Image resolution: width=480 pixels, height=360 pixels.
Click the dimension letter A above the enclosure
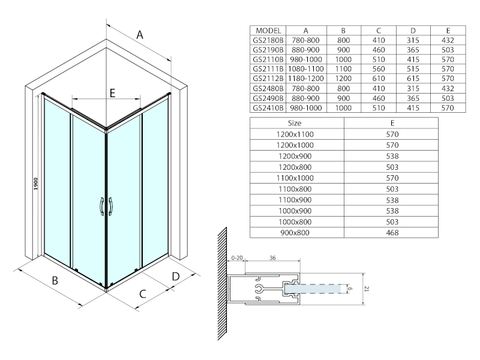[x=140, y=35]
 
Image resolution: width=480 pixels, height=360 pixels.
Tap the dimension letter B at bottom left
[x=55, y=280]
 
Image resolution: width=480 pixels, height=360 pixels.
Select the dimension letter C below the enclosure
[x=143, y=294]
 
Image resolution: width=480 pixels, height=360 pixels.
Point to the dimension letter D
[x=176, y=277]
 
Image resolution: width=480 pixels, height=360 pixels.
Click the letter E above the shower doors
[x=112, y=93]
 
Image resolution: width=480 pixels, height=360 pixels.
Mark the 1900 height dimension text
[x=36, y=184]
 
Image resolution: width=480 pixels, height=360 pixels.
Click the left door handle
[x=101, y=206]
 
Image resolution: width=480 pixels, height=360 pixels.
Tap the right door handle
[x=110, y=206]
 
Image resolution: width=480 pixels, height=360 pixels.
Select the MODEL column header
[x=268, y=31]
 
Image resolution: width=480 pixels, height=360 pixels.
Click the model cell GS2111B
[x=268, y=69]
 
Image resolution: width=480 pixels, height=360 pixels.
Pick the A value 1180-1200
[x=306, y=79]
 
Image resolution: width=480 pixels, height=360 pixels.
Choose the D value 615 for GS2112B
[x=413, y=79]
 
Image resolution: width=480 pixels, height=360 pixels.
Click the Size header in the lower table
[x=295, y=123]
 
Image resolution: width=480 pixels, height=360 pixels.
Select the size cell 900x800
[x=295, y=233]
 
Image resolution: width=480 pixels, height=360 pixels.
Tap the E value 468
[x=392, y=233]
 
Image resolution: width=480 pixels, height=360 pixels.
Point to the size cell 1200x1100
[x=295, y=134]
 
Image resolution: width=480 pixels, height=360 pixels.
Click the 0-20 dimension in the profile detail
[x=236, y=258]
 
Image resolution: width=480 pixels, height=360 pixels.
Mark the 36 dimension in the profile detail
[x=272, y=258]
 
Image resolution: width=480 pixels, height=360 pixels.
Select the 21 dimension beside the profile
[x=367, y=289]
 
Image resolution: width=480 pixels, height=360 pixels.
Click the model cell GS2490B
[x=268, y=98]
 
